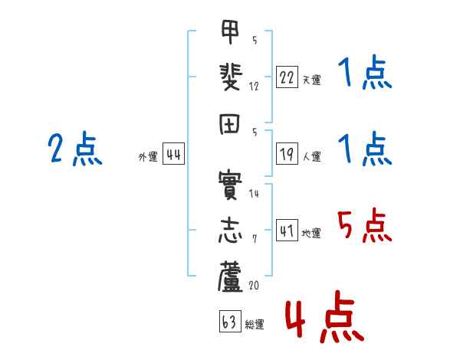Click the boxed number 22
tap(287, 78)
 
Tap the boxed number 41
tap(287, 231)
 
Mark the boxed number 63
tap(228, 322)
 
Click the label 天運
tap(312, 80)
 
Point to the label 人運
tap(312, 157)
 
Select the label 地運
tap(312, 233)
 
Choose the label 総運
tap(255, 325)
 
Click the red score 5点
tap(364, 226)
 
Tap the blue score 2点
tap(75, 149)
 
